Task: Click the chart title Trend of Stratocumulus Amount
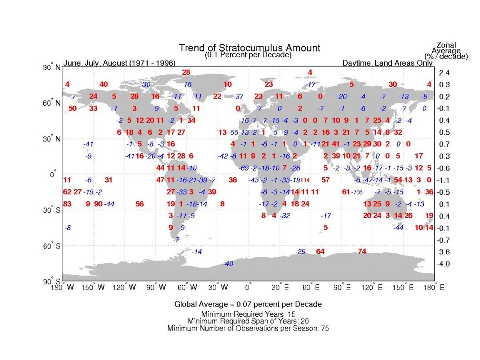pyautogui.click(x=250, y=48)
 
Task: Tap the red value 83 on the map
pyautogui.click(x=67, y=204)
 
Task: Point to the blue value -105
pyautogui.click(x=357, y=192)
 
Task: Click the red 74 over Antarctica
pyautogui.click(x=362, y=251)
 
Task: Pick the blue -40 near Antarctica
pyautogui.click(x=228, y=263)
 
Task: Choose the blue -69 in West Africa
pyautogui.click(x=244, y=168)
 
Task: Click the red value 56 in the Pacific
pyautogui.click(x=140, y=204)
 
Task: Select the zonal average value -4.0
pyautogui.click(x=443, y=263)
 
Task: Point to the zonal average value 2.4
pyautogui.click(x=444, y=73)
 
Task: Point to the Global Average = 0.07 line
pyautogui.click(x=248, y=304)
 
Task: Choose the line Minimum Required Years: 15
pyautogui.click(x=248, y=314)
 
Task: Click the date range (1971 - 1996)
pyautogui.click(x=152, y=63)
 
